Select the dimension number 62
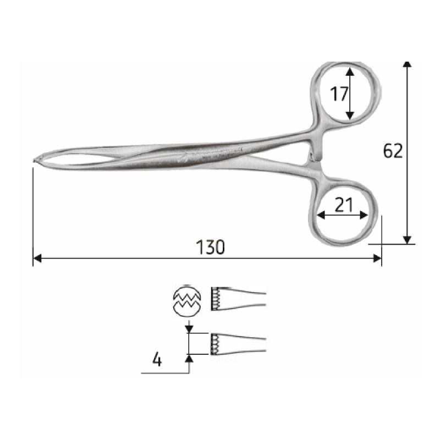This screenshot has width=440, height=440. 393,151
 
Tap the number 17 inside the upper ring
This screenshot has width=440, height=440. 339,94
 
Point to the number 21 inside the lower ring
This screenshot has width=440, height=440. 343,205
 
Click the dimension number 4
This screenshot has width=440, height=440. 157,360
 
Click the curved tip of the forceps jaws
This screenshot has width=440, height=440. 37,160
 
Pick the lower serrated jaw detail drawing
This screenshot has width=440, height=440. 237,344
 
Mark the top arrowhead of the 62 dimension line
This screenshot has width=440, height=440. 407,65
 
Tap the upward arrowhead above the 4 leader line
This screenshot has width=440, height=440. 189,358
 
